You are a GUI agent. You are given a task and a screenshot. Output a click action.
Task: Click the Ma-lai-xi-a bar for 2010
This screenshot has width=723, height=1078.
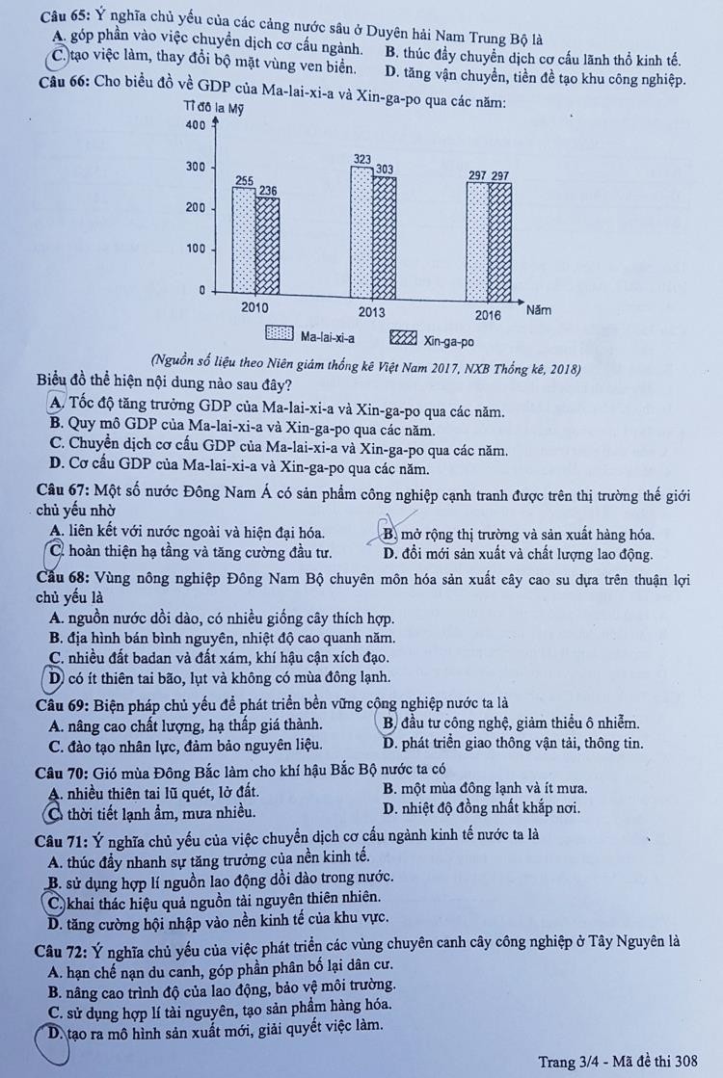(244, 238)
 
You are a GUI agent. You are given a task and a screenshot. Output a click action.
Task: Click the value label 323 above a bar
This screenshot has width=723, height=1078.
(361, 158)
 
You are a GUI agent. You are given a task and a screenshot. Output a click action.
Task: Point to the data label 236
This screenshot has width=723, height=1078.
(267, 191)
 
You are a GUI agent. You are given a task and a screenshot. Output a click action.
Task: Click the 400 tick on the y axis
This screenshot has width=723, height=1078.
(193, 125)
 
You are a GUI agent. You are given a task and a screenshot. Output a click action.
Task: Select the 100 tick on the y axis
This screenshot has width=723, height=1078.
(194, 249)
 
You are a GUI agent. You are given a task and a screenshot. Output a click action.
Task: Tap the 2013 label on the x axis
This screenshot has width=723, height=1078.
(371, 312)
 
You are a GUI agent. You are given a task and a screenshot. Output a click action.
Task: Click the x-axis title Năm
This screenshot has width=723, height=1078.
(540, 310)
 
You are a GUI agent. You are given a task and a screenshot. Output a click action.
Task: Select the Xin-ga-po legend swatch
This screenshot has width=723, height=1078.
(403, 337)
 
